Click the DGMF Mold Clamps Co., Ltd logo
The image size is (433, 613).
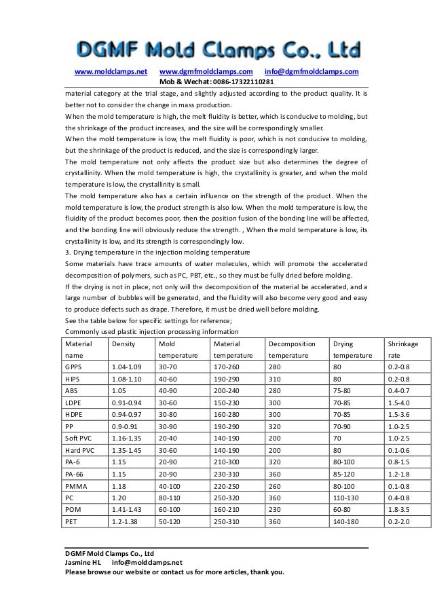[x=216, y=48]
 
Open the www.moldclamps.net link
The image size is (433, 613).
[x=111, y=72]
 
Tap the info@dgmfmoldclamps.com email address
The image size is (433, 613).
[x=312, y=72]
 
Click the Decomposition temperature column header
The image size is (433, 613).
[x=292, y=350]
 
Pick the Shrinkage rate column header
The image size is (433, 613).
[x=401, y=350]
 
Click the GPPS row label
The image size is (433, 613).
[x=73, y=367]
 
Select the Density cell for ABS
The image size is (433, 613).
[x=117, y=390]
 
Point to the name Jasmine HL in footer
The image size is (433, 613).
[x=82, y=562]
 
